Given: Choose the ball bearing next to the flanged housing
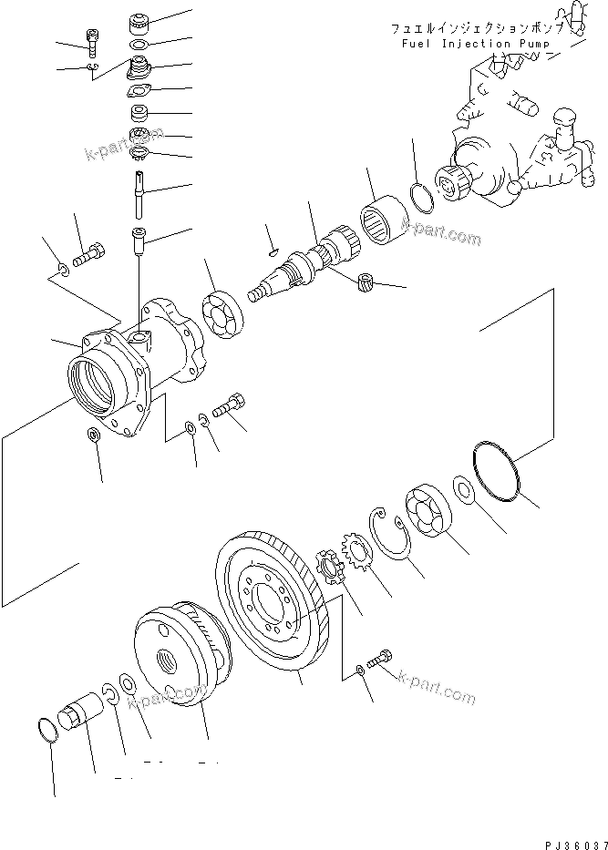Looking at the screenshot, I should [x=222, y=315].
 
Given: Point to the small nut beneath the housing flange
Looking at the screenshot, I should [x=95, y=433].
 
